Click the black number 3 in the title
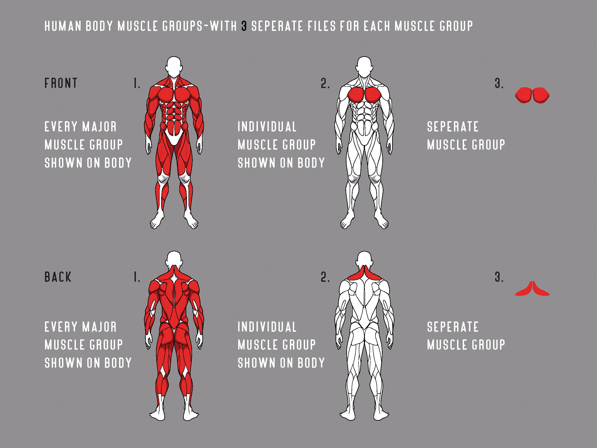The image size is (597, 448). tap(244, 26)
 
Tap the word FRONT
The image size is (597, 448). tap(61, 83)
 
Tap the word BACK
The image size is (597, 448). tap(58, 277)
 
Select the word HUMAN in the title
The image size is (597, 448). tap(63, 26)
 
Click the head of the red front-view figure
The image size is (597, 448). tap(174, 66)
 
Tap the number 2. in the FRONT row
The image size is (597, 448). tap(325, 84)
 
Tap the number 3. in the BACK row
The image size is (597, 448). tap(499, 277)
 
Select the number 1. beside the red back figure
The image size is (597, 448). tap(137, 277)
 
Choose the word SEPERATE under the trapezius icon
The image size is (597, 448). tap(453, 327)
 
